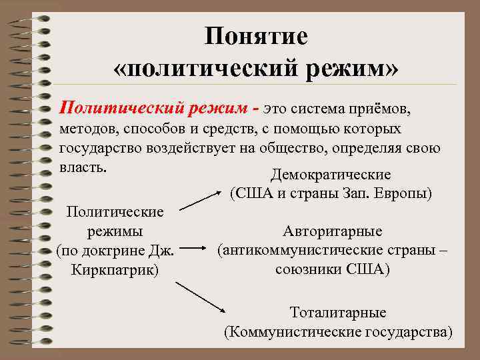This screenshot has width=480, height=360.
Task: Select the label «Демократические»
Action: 331,175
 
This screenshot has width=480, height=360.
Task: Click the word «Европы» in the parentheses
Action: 403,194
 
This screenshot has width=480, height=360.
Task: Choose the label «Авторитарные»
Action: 332,231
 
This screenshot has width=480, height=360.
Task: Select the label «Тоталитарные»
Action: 337,312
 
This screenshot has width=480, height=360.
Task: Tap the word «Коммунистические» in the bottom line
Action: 291,331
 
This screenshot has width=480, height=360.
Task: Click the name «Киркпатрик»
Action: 115,271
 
